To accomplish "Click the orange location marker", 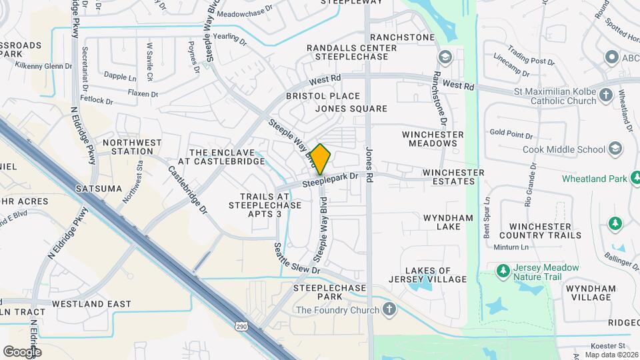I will coord(321,159).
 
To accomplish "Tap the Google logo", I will coord(21,351).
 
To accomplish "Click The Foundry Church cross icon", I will coord(390,309).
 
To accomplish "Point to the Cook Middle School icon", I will coord(615,149).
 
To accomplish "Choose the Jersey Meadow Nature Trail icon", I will coord(504,271).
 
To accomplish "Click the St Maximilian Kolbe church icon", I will coord(605,95).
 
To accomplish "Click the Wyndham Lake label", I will coord(447,222).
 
